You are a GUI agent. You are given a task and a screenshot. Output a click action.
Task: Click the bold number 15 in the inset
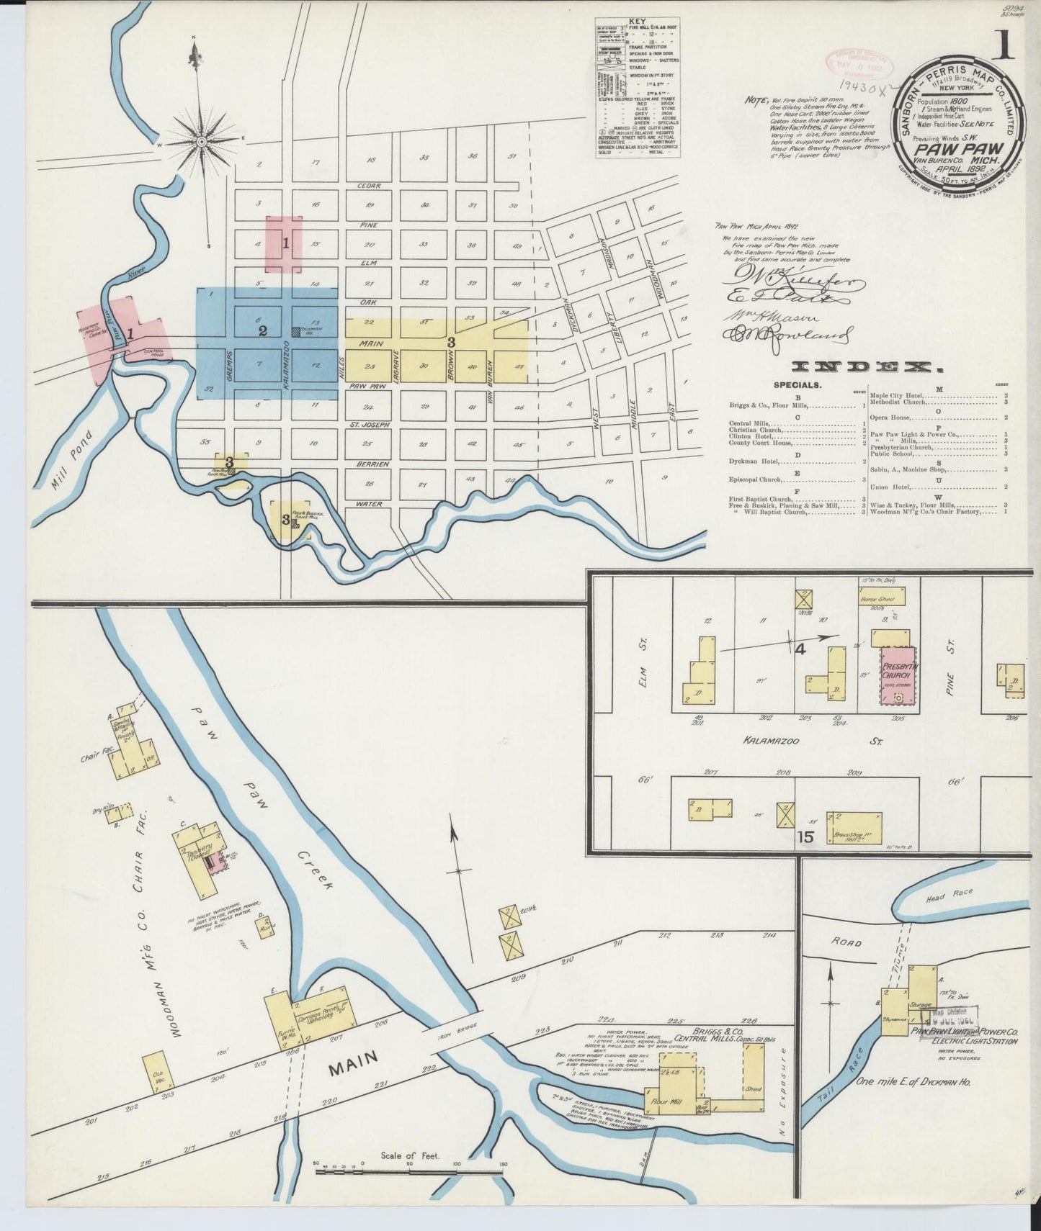tap(805, 837)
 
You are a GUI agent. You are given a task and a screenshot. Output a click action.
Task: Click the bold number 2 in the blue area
tap(263, 330)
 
